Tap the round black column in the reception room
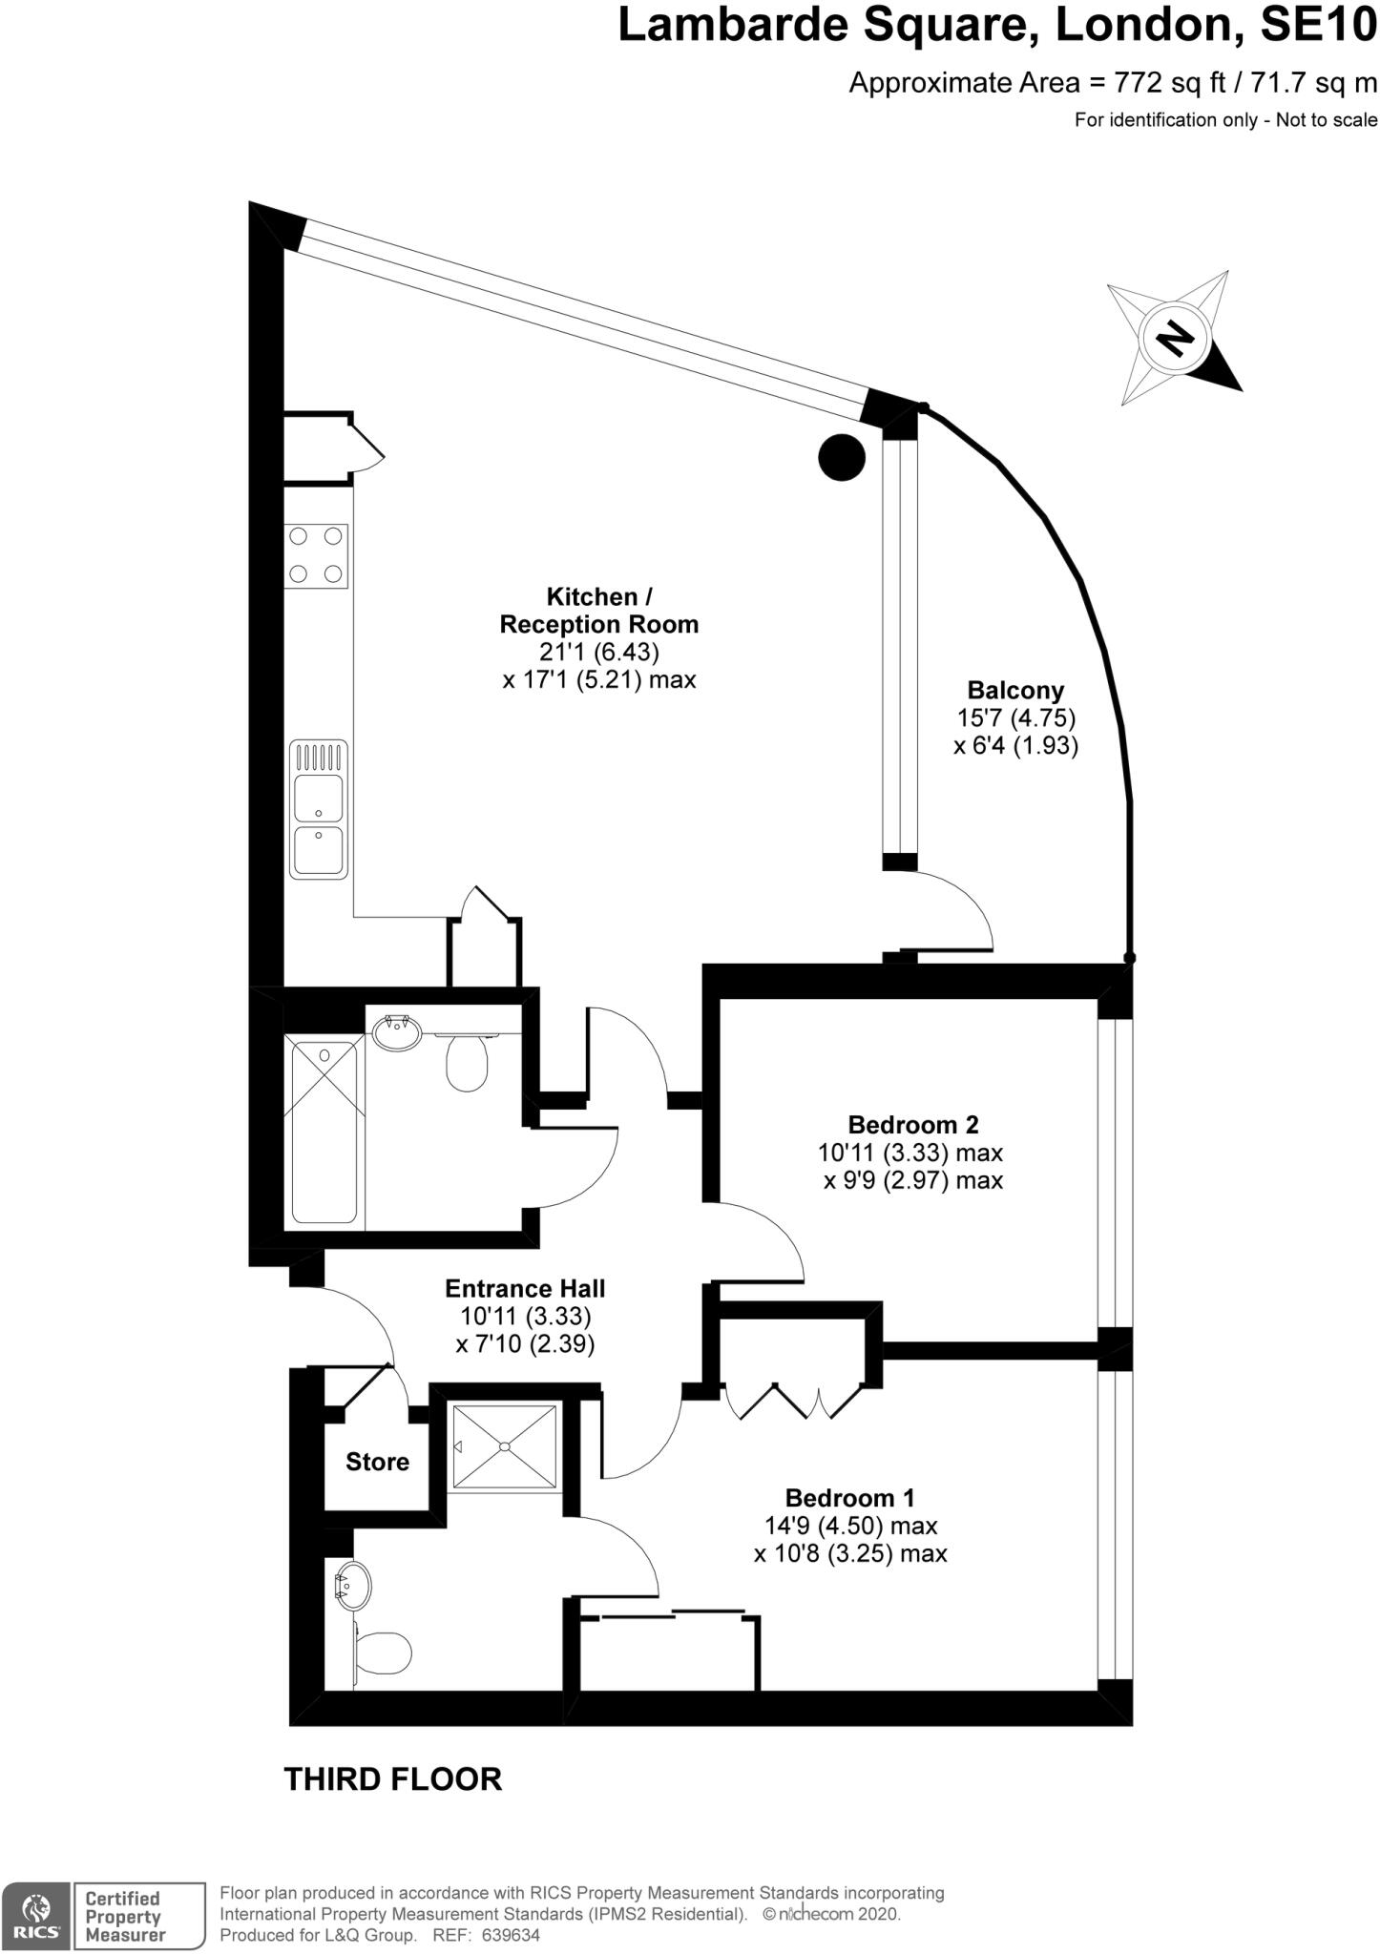[842, 457]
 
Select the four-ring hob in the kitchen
[317, 555]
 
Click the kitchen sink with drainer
[319, 809]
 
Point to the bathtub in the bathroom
[324, 1133]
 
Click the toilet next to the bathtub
[468, 1065]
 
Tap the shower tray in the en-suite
[505, 1446]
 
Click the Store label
[377, 1463]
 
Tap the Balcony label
[1015, 690]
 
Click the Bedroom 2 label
[913, 1124]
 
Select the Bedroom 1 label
[850, 1497]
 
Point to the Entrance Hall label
[525, 1288]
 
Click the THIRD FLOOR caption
[393, 1779]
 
